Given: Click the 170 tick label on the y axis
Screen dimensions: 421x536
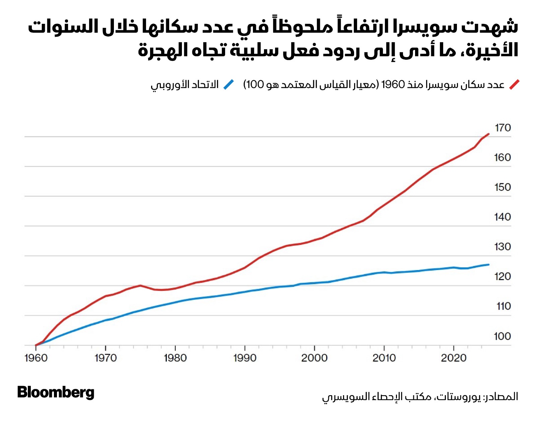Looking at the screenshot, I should coord(503,128).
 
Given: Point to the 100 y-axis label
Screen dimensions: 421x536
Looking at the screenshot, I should coord(502,336).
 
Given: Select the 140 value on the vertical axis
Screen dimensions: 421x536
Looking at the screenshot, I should coord(503,217).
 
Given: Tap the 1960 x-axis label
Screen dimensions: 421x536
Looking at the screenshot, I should coord(36,358).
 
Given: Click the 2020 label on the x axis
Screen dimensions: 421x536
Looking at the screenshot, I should coord(454,358).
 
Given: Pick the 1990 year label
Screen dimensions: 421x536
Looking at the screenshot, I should coord(245,358).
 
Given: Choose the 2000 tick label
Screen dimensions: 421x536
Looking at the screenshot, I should coord(314,358).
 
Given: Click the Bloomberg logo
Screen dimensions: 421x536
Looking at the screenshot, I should coord(56,392).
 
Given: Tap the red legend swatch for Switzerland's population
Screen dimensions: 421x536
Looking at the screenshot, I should coord(514,85).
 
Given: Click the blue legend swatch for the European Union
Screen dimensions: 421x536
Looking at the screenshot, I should coord(229,85).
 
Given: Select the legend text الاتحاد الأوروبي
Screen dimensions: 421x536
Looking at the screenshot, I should coord(185,85).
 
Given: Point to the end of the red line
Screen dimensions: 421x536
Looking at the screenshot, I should coord(489,134).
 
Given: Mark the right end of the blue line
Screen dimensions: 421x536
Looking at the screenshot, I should coord(489,265).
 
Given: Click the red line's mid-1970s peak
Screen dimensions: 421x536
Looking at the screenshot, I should coord(140,285).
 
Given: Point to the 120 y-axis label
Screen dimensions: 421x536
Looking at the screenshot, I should coord(503,276).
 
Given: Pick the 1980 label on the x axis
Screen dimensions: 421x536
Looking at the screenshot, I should coord(175,358).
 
